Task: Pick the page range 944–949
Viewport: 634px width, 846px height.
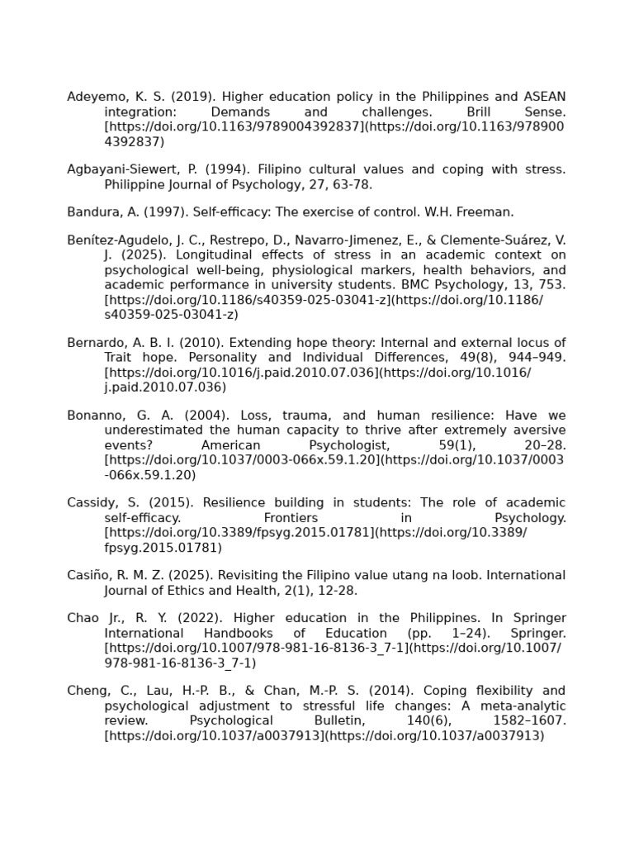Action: click(534, 358)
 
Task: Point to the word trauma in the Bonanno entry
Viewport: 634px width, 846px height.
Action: click(315, 415)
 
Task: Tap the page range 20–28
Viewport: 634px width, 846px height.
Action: click(545, 444)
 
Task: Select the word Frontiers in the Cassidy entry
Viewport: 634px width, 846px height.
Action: click(291, 517)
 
